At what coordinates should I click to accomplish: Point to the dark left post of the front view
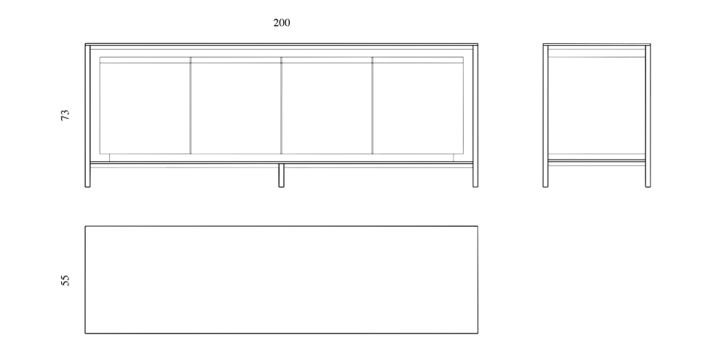tap(88, 117)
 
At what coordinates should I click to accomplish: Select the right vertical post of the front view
tap(476, 117)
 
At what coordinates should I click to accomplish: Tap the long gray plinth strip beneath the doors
tap(282, 157)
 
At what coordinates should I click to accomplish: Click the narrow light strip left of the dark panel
tap(198, 108)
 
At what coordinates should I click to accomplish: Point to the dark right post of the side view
tap(648, 117)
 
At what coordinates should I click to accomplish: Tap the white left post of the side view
tap(545, 117)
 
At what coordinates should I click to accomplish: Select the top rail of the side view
tap(597, 47)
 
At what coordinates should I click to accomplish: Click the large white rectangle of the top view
tap(282, 280)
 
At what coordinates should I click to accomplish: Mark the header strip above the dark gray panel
tap(235, 60)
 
